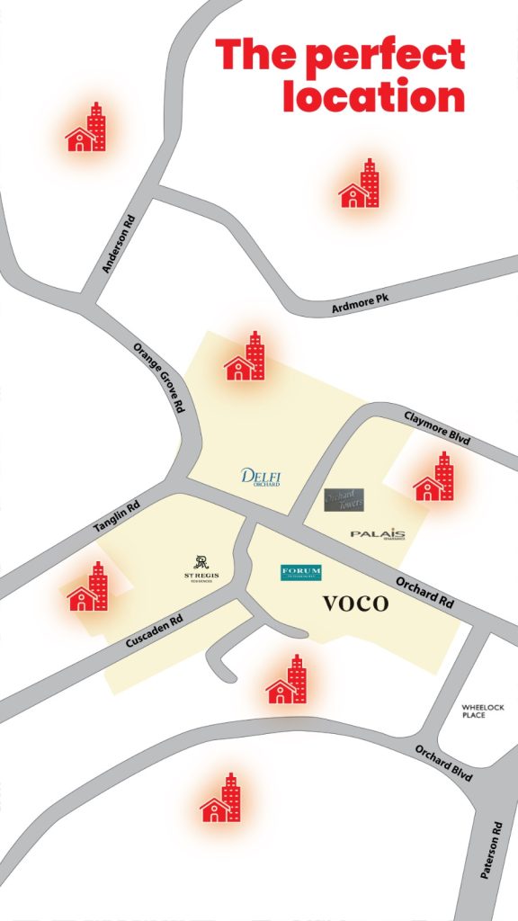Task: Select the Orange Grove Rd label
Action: pos(158,377)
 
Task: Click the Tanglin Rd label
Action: pos(117,519)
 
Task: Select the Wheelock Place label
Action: pos(473,711)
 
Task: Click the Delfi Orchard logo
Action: pos(262,476)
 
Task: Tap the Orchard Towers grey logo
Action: pos(344,500)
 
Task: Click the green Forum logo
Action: pos(300,572)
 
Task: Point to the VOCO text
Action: pos(355,604)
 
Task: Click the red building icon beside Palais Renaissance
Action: pos(434,478)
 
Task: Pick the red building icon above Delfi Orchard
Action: pos(246,357)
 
